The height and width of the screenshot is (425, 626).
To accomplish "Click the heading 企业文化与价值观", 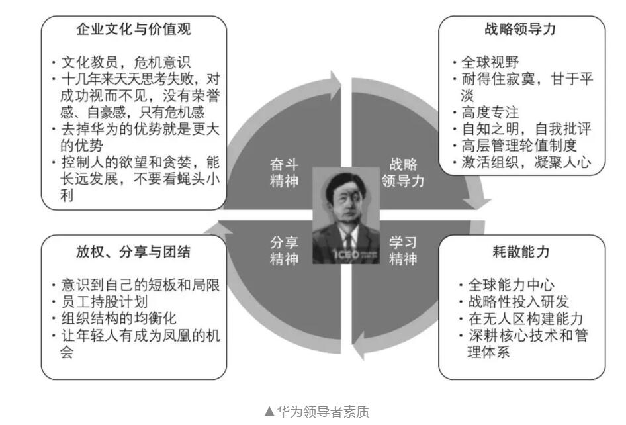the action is (134, 29).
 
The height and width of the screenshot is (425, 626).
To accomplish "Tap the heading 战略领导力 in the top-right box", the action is (520, 29).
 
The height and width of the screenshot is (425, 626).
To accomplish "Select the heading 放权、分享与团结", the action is (134, 252).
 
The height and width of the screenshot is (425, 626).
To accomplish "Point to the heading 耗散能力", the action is (521, 252).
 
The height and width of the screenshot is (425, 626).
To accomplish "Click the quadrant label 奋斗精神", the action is (284, 173).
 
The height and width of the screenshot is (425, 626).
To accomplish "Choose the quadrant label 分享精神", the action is (284, 250).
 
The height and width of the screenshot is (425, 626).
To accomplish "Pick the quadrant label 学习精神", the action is (403, 250).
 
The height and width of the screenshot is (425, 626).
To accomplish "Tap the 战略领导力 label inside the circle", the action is (403, 173).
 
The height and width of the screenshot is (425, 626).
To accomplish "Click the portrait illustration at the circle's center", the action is (345, 216).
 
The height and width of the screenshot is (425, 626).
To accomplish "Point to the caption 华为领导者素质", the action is (323, 411).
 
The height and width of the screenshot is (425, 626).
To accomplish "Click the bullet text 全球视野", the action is (490, 62).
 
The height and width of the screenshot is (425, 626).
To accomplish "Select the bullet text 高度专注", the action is (490, 113).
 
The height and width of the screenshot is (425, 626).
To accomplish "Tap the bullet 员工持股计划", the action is (104, 302).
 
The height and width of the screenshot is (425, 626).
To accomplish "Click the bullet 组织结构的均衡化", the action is (118, 318).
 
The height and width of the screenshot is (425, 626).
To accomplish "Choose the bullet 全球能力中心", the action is (512, 285).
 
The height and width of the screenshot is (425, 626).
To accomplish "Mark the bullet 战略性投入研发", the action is (519, 302).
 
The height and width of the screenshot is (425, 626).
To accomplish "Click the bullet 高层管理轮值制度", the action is (519, 146).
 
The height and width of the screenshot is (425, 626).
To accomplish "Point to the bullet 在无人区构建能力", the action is (526, 318).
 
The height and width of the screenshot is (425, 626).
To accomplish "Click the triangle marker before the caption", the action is (269, 412).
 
